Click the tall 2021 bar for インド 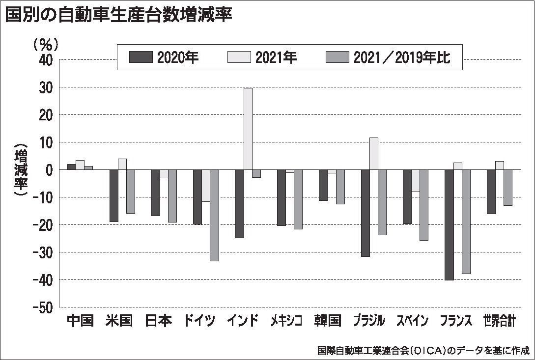248,129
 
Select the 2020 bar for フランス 449,224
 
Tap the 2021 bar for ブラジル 373,154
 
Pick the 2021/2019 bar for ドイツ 214,215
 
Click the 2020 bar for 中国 71,167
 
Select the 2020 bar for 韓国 323,185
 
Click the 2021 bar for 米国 122,164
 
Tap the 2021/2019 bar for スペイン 424,205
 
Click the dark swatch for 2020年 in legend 141,57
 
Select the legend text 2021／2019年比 402,57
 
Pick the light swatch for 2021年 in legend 239,57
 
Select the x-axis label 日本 159,321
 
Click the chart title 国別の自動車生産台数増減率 118,15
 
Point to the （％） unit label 46,45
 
